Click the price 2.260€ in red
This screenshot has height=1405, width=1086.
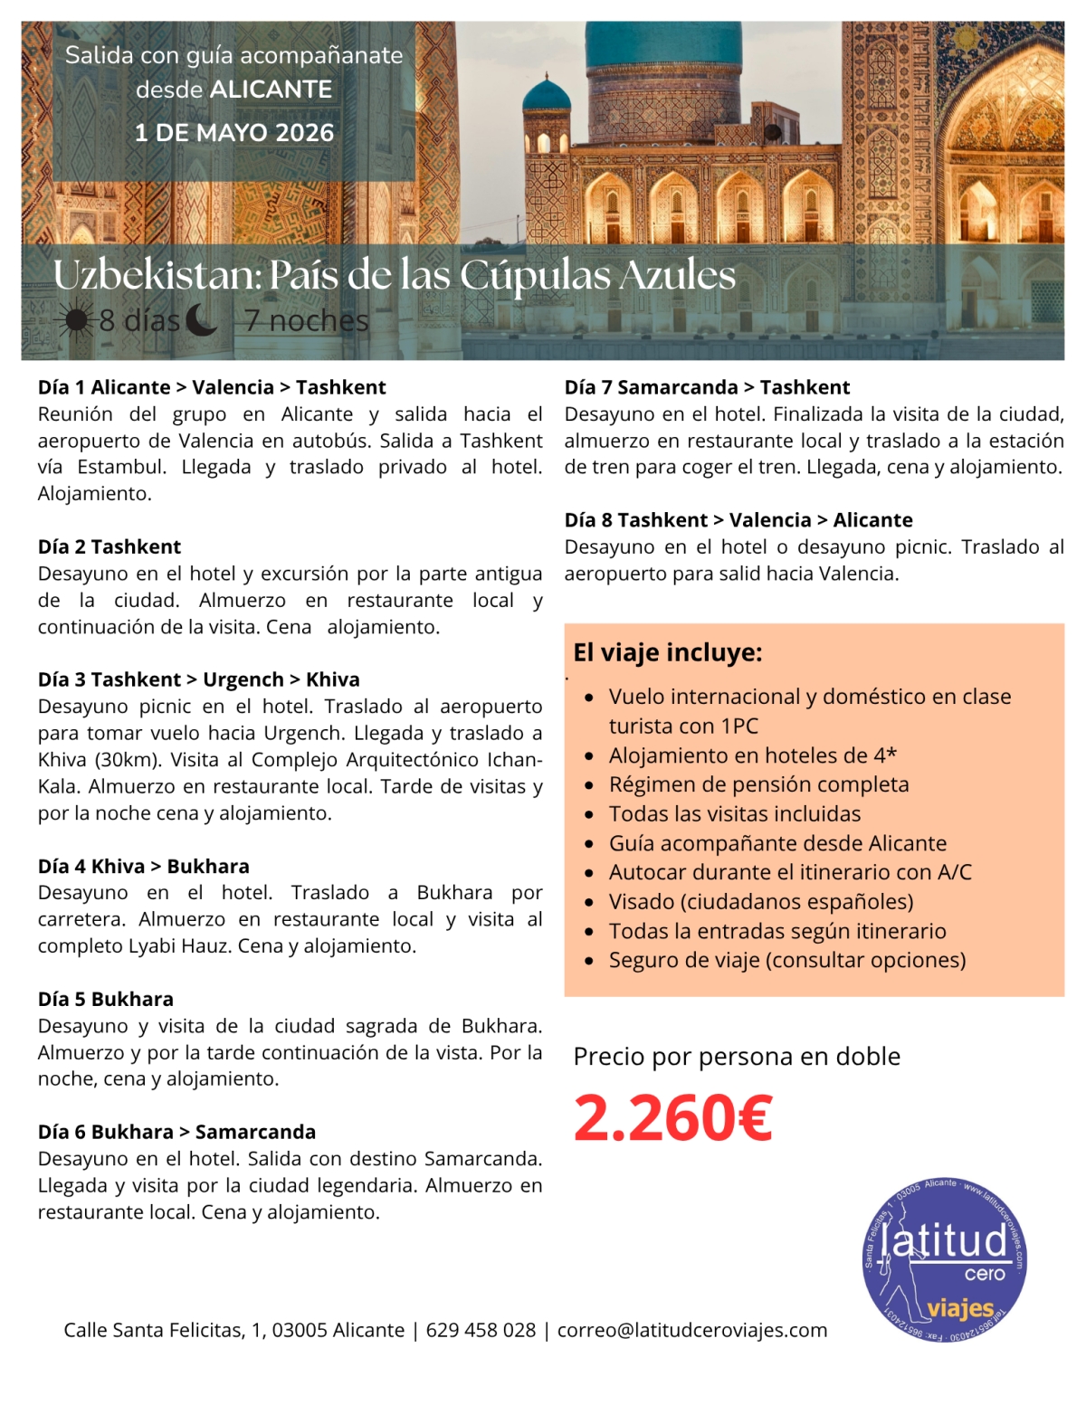click(x=672, y=1118)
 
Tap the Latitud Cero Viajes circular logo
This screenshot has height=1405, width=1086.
click(x=944, y=1259)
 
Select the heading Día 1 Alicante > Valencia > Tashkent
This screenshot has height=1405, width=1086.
click(x=212, y=387)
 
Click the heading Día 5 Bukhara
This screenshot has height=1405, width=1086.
click(x=106, y=999)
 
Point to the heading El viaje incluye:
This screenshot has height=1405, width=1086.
click(x=668, y=652)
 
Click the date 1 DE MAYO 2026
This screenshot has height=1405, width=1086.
click(x=234, y=133)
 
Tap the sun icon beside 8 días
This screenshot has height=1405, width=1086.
click(x=75, y=320)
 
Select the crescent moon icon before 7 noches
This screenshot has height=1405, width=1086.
click(x=201, y=319)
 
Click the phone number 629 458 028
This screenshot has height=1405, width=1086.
click(x=481, y=1330)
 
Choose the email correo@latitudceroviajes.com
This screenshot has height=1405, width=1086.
click(x=692, y=1330)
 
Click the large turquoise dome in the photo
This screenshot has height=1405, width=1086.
click(x=663, y=45)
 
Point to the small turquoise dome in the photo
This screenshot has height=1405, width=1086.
click(x=547, y=95)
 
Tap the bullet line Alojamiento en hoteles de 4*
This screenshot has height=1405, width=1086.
click(x=752, y=755)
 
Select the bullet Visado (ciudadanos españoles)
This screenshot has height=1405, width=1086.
click(x=760, y=902)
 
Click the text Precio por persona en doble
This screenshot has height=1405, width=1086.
click(x=737, y=1057)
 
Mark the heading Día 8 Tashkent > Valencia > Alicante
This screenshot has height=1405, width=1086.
click(x=738, y=520)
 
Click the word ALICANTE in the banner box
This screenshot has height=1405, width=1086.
click(x=271, y=90)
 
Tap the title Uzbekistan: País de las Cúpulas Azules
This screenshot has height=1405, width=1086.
click(x=395, y=275)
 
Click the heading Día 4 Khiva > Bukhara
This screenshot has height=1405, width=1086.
click(x=144, y=866)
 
